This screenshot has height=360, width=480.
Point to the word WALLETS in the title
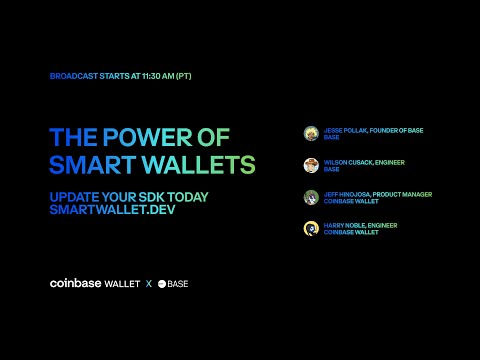point(196,163)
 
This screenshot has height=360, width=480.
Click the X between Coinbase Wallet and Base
point(149,284)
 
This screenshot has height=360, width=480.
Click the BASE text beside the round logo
point(178,284)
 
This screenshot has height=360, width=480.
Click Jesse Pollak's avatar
point(311,133)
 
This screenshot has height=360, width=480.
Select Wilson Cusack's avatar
point(311,165)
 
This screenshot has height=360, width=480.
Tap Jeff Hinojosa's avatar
point(311,197)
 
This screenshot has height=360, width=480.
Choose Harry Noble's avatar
point(311,229)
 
